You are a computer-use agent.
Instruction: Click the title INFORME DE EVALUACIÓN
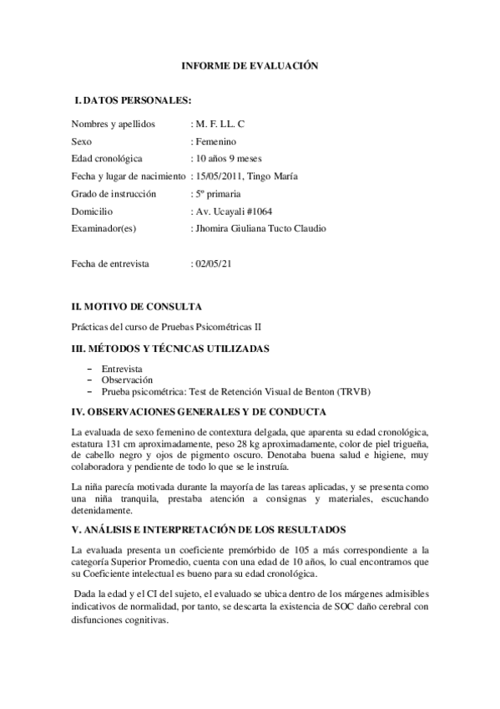250,65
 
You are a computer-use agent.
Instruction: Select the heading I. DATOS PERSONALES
133,100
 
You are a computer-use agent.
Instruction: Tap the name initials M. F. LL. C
220,124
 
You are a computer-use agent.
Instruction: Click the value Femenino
216,141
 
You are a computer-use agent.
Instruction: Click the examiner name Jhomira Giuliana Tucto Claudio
260,228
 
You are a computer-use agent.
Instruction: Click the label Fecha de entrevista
110,263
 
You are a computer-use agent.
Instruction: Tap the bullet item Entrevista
122,368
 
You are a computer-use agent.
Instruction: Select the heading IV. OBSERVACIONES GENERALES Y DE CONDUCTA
199,411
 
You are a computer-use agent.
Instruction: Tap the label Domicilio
92,211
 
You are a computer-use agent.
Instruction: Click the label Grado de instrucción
114,193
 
